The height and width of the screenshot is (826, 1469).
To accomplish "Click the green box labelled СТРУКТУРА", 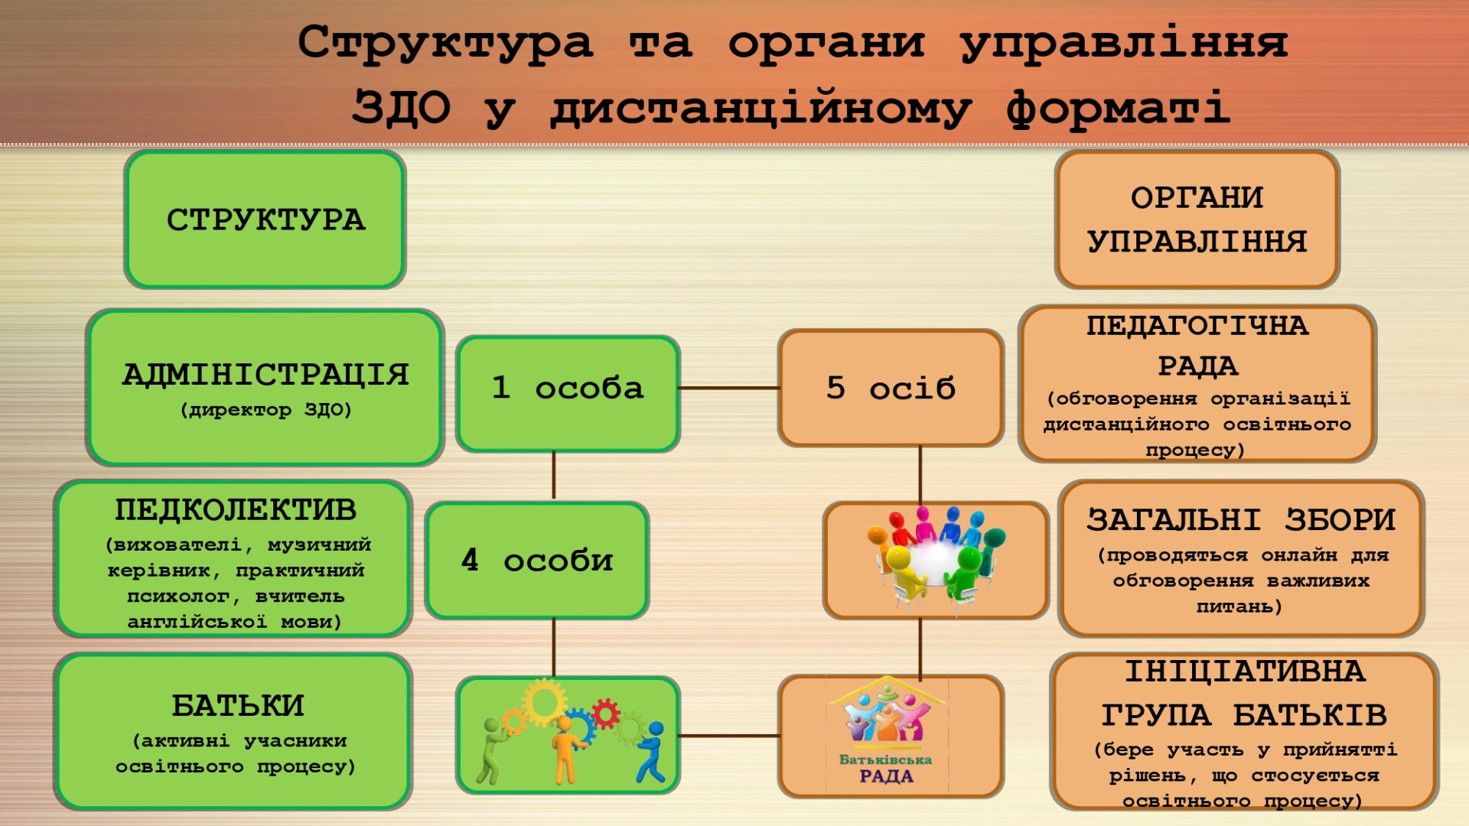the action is (x=265, y=220).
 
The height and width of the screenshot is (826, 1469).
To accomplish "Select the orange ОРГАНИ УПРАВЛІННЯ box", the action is (x=1197, y=220).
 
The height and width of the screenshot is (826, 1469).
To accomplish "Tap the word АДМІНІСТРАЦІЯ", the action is (x=265, y=375).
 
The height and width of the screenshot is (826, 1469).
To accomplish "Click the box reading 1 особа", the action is (x=568, y=394).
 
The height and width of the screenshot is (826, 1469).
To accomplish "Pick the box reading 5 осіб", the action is (x=891, y=388).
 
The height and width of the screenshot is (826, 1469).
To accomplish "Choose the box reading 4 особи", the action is (x=537, y=561).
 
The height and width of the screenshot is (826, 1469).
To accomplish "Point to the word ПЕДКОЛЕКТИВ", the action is (x=236, y=509).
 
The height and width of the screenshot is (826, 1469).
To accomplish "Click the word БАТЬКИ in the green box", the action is (x=238, y=705).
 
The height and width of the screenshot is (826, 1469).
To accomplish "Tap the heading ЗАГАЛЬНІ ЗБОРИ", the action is (x=1241, y=519).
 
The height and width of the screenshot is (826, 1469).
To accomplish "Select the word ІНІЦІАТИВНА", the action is (x=1245, y=672).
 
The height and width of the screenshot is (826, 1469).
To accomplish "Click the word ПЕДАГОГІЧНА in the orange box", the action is (x=1197, y=326).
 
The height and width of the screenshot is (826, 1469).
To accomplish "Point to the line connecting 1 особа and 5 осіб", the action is (x=729, y=388).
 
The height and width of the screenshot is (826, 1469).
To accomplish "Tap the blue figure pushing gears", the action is (x=651, y=753).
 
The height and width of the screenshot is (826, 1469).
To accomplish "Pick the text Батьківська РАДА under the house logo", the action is (x=886, y=768).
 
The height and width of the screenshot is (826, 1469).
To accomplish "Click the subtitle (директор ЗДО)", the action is (x=265, y=410).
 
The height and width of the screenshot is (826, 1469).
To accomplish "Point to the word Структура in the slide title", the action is (x=445, y=42).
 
